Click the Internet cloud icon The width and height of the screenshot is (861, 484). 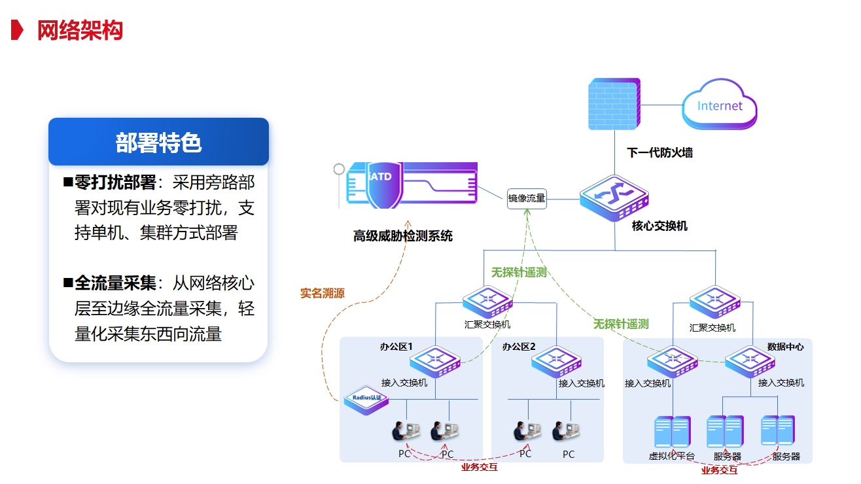(720, 105)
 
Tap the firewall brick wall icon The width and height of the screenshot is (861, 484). (614, 103)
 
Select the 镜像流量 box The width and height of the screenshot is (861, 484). (527, 198)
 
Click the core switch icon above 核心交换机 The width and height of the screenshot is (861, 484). (614, 197)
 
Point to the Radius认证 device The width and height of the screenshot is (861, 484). (367, 398)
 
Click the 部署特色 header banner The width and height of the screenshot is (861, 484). (158, 142)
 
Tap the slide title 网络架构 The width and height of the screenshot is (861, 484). (80, 30)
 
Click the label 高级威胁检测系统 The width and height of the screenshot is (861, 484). (403, 236)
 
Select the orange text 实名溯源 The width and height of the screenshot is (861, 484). (323, 293)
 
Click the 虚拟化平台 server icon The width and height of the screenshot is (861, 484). (673, 432)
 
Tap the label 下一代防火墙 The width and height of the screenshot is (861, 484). (659, 153)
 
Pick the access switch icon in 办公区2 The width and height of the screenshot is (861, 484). (557, 362)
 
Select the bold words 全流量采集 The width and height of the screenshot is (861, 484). (115, 283)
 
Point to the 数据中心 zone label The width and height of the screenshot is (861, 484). (785, 347)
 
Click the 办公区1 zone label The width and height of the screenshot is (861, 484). (396, 347)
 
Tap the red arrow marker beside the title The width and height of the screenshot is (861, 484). (18, 30)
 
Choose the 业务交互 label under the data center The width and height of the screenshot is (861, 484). (719, 470)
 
